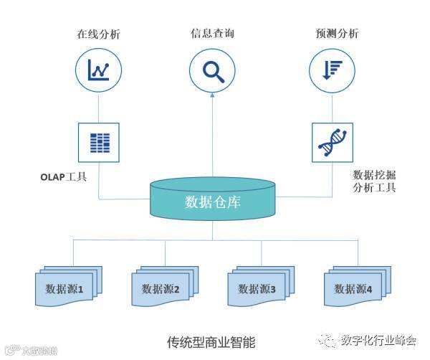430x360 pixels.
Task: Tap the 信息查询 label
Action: pos(212,34)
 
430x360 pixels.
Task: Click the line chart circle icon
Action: pos(98,70)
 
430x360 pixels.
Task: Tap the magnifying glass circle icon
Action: pos(212,70)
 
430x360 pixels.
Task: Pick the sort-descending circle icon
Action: pos(331,70)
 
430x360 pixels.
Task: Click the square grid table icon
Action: pos(98,142)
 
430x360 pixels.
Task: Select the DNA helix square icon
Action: pos(332,142)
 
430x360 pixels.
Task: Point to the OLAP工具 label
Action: pos(64,174)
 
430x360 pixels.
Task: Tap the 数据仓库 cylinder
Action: pos(213,200)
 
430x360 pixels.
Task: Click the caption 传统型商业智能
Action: pos(211,341)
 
